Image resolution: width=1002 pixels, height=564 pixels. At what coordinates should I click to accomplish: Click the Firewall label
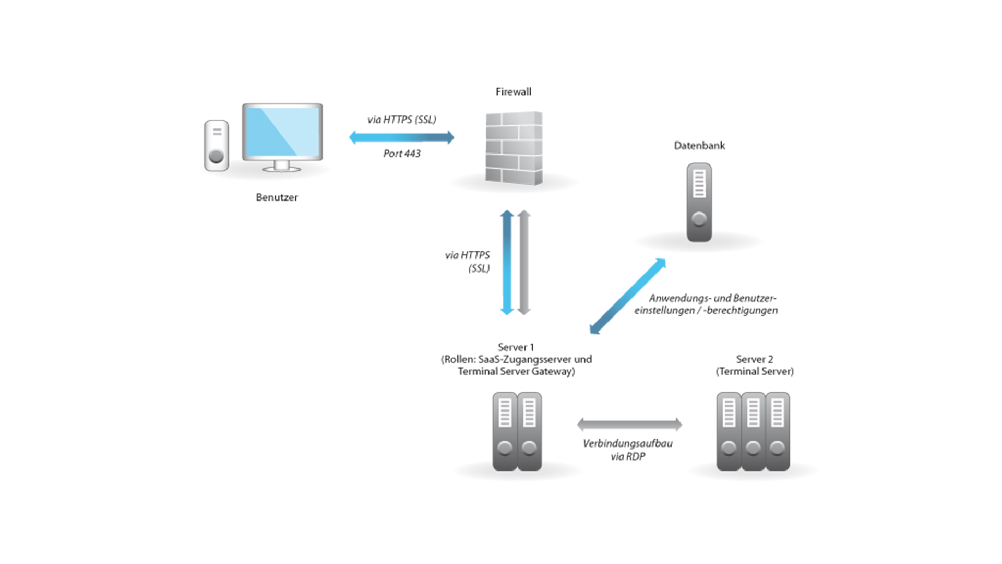[514, 92]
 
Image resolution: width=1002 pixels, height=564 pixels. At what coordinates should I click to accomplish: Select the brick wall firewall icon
[514, 148]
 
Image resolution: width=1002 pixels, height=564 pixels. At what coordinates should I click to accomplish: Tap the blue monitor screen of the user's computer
[282, 132]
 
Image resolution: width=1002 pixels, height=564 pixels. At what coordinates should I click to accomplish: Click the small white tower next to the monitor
[216, 146]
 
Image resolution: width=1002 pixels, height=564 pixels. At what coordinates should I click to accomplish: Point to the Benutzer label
[277, 197]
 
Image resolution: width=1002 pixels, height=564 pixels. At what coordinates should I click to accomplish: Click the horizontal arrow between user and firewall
[401, 137]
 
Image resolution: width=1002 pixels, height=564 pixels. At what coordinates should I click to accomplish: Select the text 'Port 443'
[402, 154]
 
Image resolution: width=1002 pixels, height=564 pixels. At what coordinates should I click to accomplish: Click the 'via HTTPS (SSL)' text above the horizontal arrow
[402, 120]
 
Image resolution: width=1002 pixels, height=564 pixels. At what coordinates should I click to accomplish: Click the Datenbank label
[699, 146]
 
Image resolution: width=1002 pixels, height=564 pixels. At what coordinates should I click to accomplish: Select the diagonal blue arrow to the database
[628, 296]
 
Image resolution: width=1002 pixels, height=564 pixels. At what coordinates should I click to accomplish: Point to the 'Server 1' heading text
[516, 347]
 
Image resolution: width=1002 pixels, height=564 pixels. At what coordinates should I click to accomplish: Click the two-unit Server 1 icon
[517, 431]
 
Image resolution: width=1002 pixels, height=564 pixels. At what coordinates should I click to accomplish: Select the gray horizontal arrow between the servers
[629, 425]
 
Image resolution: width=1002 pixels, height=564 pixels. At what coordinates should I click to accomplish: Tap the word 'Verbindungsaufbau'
[627, 443]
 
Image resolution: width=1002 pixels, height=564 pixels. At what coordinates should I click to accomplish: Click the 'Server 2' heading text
[755, 359]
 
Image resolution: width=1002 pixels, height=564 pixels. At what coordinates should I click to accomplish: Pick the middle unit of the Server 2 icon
[753, 431]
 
